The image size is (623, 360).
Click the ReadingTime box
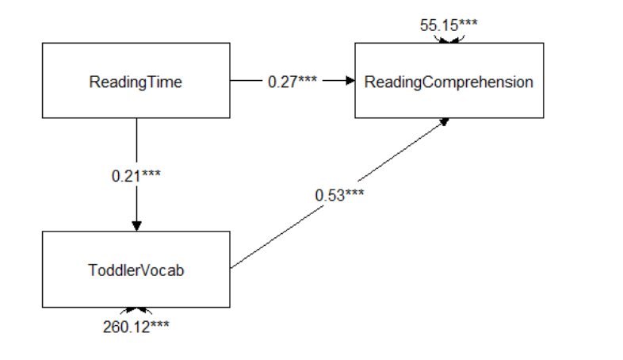(136, 81)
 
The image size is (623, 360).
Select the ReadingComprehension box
(449, 81)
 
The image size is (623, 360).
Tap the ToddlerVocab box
(136, 270)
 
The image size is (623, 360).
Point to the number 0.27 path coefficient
(281, 81)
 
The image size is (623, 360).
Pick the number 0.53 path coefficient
(327, 195)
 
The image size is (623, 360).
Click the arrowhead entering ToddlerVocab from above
(136, 226)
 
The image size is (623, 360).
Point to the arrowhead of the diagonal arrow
(444, 121)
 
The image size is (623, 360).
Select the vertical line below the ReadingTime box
(136, 143)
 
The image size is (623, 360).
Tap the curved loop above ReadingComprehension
(449, 38)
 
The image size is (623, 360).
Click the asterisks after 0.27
(307, 80)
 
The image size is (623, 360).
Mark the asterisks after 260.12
(158, 324)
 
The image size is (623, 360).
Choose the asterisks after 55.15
(468, 23)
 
